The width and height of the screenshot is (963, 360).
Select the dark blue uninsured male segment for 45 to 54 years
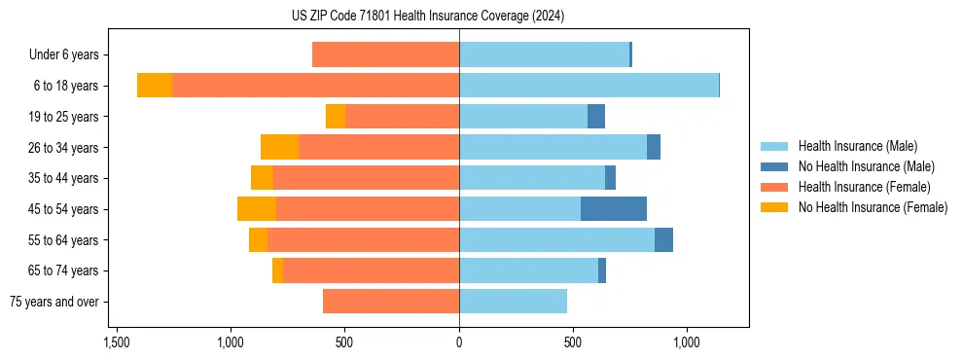(x=614, y=209)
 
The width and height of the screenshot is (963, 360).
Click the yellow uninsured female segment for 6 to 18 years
(x=155, y=86)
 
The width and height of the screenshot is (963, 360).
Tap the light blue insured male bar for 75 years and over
(x=513, y=302)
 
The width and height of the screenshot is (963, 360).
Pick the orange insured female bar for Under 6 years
(x=385, y=55)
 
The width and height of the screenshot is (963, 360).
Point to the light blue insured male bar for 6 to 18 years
(x=588, y=86)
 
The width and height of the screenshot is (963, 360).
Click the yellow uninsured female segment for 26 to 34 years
(x=279, y=148)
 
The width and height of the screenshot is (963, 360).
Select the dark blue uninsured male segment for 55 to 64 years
(x=663, y=240)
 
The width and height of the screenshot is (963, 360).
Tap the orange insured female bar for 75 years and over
(x=391, y=302)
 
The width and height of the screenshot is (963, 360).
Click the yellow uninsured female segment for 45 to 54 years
(x=257, y=209)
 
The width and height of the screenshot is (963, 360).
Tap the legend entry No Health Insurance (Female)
(x=873, y=207)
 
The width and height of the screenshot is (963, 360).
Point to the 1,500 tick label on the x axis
(x=116, y=343)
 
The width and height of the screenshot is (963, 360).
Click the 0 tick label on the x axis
(x=459, y=343)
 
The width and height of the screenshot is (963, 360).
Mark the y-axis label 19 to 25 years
(x=64, y=117)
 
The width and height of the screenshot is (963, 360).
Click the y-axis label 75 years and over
(x=54, y=302)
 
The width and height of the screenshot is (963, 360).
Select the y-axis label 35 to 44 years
(x=64, y=178)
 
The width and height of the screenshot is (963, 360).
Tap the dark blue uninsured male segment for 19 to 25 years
(x=596, y=117)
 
